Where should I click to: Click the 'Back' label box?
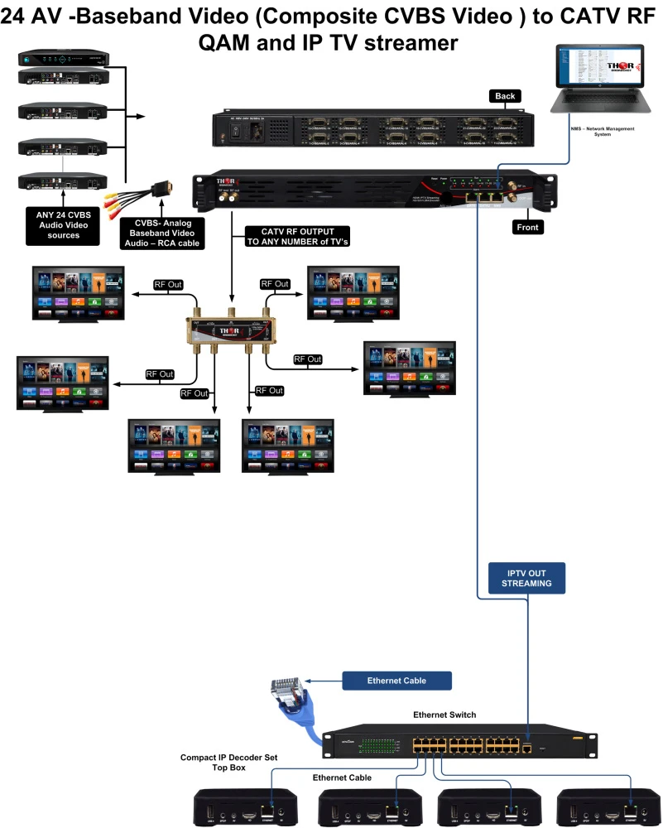point(505,96)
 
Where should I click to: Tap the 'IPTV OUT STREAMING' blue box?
point(524,578)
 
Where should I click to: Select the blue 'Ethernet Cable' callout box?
point(396,681)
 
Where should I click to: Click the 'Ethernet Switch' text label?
point(444,715)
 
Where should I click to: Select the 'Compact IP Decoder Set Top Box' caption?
point(224,763)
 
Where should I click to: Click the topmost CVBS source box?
point(63,59)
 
